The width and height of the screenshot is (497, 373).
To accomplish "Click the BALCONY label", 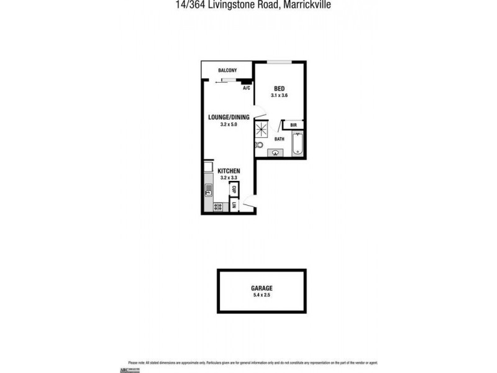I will (x=227, y=70).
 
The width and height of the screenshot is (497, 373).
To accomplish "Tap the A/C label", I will (x=246, y=88).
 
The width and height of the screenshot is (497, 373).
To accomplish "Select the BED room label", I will (x=280, y=89).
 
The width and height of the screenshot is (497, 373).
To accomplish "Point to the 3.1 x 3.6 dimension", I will (x=280, y=96).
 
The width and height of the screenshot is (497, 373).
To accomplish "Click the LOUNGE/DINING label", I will (x=229, y=117).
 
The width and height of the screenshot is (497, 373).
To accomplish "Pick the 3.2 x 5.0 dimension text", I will (x=229, y=124).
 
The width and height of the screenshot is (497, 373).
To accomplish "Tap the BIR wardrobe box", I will (x=293, y=125).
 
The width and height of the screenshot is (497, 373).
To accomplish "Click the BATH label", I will (x=280, y=139).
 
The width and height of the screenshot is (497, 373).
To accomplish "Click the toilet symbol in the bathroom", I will (x=259, y=145).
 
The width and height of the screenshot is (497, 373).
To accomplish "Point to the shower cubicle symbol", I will (x=262, y=129).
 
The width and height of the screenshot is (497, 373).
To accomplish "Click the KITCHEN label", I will (x=229, y=171).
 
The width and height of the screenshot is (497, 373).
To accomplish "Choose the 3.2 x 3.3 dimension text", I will (x=229, y=178).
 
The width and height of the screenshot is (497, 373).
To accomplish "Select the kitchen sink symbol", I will (x=209, y=190).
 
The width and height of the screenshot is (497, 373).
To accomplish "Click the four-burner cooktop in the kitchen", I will (x=218, y=207).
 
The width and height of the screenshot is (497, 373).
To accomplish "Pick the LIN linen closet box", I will (x=234, y=205).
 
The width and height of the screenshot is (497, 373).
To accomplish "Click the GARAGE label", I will (x=262, y=288).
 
